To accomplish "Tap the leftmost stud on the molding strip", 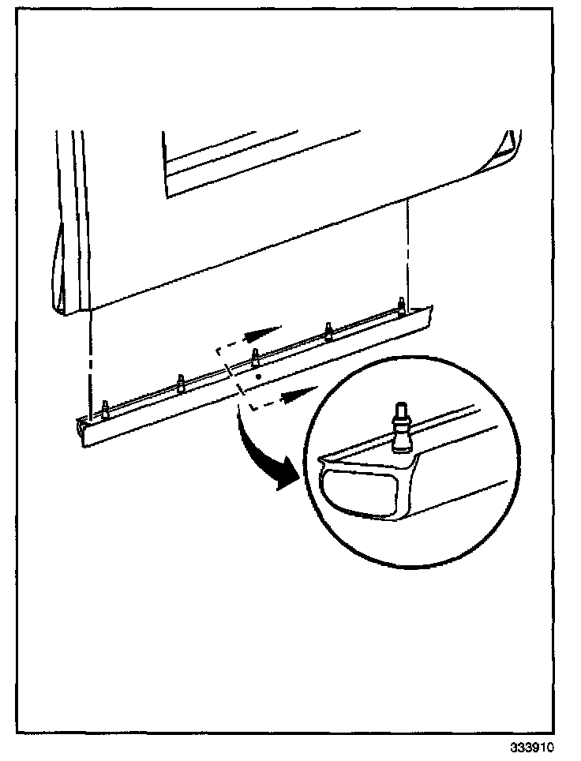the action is [x=105, y=409].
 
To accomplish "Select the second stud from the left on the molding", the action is [x=181, y=382].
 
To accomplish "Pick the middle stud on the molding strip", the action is [x=254, y=355].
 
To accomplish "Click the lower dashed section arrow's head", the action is [x=304, y=389].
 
